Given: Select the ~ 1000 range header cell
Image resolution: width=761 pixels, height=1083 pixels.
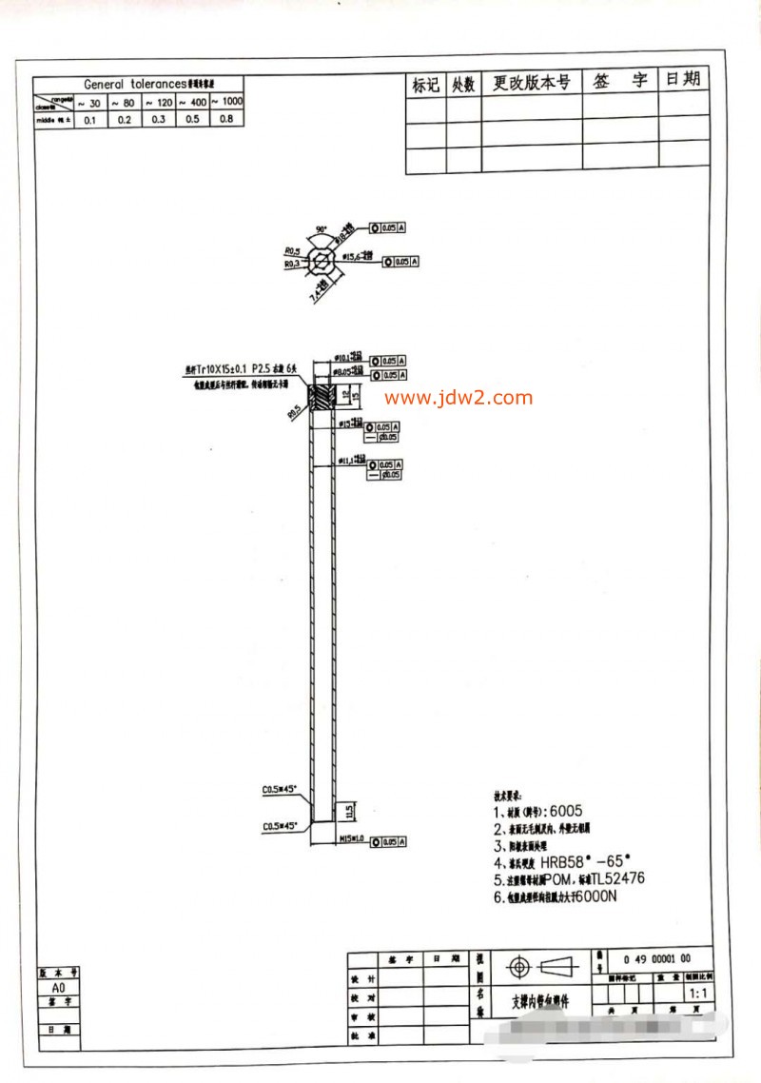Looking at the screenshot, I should [226, 102].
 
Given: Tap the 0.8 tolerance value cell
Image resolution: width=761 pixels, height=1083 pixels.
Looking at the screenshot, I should [226, 120].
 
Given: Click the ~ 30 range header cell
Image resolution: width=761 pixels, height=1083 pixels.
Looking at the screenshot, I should [89, 102].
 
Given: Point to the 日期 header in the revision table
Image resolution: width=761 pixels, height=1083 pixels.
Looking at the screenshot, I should [682, 79].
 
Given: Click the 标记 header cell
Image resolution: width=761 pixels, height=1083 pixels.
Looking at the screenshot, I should [425, 85].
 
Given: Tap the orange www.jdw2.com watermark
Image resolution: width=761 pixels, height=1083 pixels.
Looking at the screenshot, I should [459, 398].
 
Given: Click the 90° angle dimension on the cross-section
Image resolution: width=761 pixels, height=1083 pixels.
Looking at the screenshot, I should [321, 229].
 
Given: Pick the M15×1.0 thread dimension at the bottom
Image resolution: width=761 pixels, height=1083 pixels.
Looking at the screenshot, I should [353, 840].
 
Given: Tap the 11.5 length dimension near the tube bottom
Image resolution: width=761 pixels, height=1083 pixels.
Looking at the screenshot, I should [349, 812].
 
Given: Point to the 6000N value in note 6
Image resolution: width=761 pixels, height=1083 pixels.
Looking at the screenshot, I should [601, 897].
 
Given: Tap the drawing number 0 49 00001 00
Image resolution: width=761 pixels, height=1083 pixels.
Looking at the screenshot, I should [656, 958].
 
